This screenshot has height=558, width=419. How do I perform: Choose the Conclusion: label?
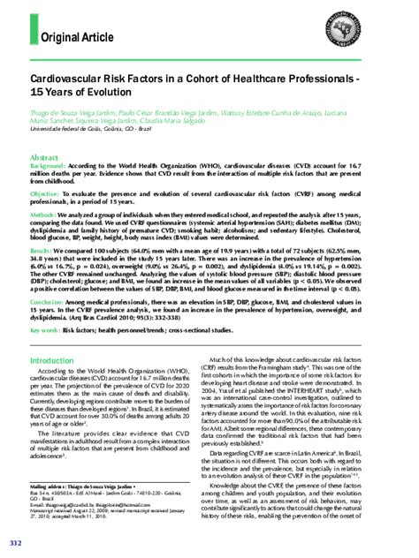pos(50,299)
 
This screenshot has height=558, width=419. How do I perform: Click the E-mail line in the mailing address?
pos(80,503)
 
